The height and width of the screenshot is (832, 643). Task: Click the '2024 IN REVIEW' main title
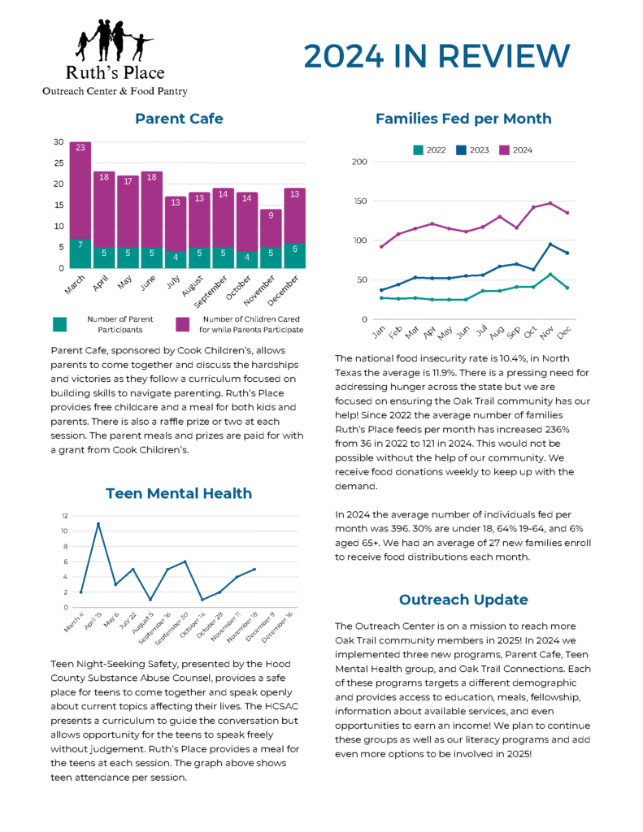point(437,56)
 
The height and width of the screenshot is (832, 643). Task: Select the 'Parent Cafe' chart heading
point(179,119)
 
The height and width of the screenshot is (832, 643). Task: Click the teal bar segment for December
point(295,255)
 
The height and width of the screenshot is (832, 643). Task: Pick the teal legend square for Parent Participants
point(59,323)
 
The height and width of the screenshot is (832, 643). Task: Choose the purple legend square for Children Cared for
point(184,323)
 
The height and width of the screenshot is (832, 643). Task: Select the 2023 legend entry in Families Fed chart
point(472,150)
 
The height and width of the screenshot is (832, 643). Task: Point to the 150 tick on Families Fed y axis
point(359,201)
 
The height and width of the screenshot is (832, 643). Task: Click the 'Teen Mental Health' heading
point(179,493)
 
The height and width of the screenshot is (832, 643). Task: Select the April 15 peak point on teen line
point(98,524)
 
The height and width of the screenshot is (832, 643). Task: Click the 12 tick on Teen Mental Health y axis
point(64,516)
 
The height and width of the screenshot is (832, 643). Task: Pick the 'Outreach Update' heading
point(463,600)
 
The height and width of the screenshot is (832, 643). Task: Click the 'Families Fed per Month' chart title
point(463,119)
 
